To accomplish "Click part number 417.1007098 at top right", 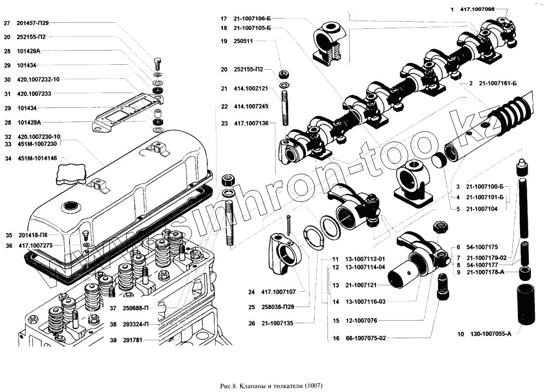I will click(x=477, y=9).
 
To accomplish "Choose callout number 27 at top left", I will click(x=7, y=23).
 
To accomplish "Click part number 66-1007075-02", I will click(x=365, y=338).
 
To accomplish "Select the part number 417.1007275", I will click(x=36, y=246).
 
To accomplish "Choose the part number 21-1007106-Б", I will click(x=252, y=17).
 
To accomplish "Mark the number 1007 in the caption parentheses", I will click(x=314, y=386).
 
